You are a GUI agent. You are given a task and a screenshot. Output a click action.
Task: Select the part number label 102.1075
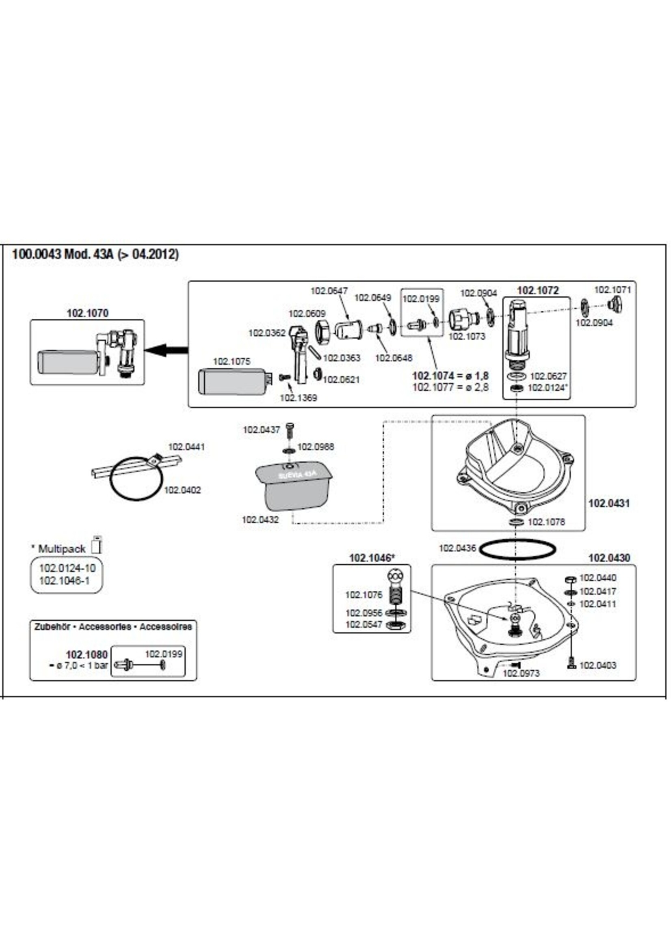point(232,362)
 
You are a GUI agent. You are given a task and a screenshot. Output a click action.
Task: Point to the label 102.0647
point(329,291)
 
